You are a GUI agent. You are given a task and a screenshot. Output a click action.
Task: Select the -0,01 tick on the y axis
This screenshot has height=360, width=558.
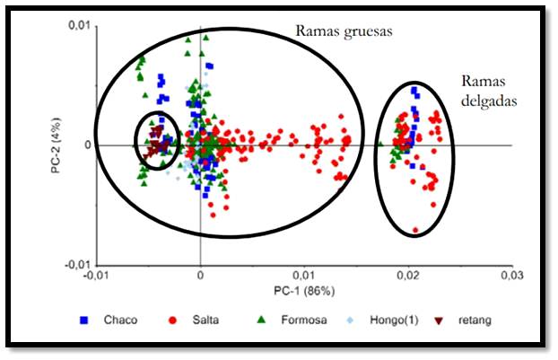click(x=78, y=266)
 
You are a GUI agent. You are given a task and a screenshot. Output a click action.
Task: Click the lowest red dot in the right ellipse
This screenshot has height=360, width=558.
click(x=415, y=231)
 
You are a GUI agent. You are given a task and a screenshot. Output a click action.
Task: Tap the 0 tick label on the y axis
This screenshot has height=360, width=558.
click(x=86, y=145)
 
